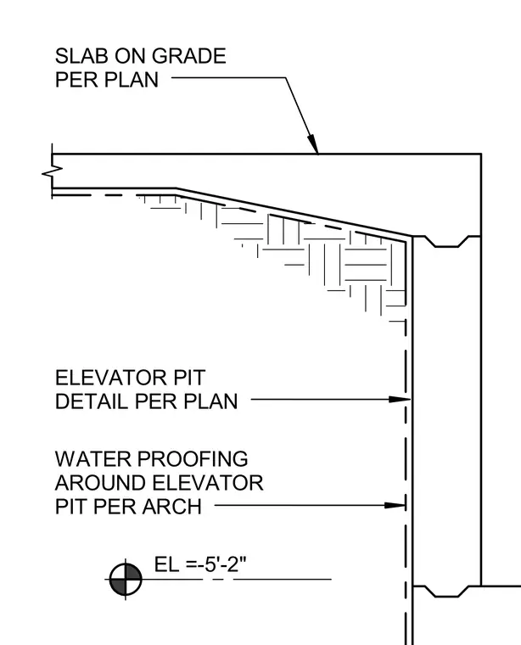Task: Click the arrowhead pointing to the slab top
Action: click(313, 144)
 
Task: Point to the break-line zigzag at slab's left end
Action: click(53, 172)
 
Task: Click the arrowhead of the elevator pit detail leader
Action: click(400, 399)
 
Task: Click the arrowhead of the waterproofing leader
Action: click(395, 505)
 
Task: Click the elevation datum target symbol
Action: click(126, 579)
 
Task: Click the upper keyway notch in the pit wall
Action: click(446, 242)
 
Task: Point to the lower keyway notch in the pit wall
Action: click(446, 592)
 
